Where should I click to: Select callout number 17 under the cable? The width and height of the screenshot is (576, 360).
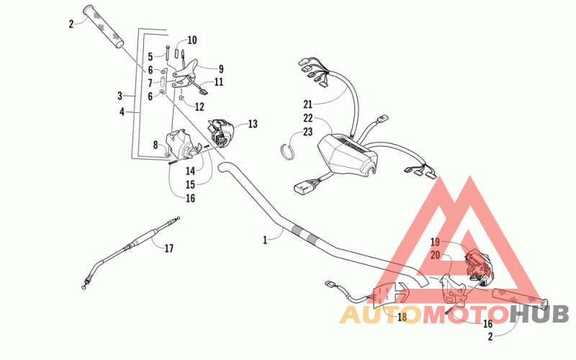[168, 249]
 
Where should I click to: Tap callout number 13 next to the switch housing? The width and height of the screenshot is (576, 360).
[252, 124]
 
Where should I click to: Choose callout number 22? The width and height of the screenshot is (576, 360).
[308, 118]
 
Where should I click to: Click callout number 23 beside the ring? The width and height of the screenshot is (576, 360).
[308, 132]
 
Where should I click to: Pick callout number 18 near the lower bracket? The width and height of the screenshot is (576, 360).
[402, 317]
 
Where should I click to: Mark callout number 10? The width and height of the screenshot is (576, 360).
[192, 40]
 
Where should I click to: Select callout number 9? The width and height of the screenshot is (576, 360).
[221, 69]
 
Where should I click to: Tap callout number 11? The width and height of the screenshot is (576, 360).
[218, 82]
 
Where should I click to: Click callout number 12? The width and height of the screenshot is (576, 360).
[199, 107]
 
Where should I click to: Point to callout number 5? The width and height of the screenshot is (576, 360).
[150, 56]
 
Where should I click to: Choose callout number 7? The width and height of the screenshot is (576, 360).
[150, 83]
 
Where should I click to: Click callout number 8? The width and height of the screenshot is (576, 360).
[155, 145]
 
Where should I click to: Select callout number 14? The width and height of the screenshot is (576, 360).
[190, 171]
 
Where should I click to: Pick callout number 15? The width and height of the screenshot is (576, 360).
[190, 184]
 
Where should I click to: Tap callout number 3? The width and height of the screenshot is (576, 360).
[120, 95]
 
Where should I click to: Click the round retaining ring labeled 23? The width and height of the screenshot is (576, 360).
[288, 148]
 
